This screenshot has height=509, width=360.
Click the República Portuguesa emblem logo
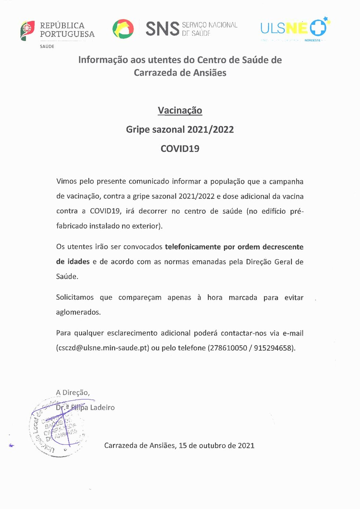click(28, 30)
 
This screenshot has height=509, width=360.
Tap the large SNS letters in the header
click(162, 29)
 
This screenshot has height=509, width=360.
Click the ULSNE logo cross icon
click(318, 28)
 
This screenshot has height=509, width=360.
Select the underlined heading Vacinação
click(180, 111)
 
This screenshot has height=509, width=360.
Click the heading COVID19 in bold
click(180, 149)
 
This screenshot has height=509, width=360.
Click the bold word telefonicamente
click(193, 247)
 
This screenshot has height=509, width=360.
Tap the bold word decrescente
click(283, 247)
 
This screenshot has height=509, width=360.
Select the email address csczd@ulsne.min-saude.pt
click(103, 348)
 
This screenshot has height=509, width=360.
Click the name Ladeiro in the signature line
click(102, 408)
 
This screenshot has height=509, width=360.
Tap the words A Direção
click(73, 393)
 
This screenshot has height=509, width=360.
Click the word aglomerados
click(78, 312)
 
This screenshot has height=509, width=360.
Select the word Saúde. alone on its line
click(67, 277)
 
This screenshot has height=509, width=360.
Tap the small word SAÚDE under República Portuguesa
click(47, 47)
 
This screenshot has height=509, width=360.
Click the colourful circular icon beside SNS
click(123, 29)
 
